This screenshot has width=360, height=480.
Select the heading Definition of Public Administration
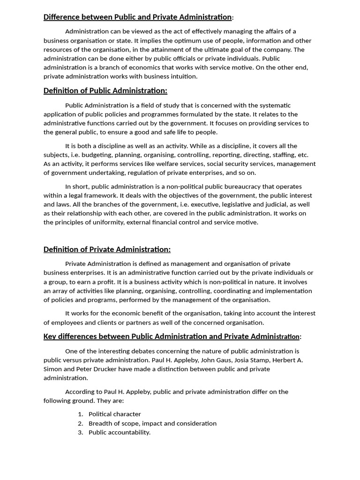point(105,90)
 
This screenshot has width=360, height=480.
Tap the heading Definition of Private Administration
point(107,249)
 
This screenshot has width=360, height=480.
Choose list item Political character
point(115,414)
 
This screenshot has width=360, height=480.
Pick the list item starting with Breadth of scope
point(152,423)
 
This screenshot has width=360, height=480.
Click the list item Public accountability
point(120,432)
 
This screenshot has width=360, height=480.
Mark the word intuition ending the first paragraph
point(184,76)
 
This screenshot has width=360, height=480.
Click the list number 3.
point(80,432)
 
